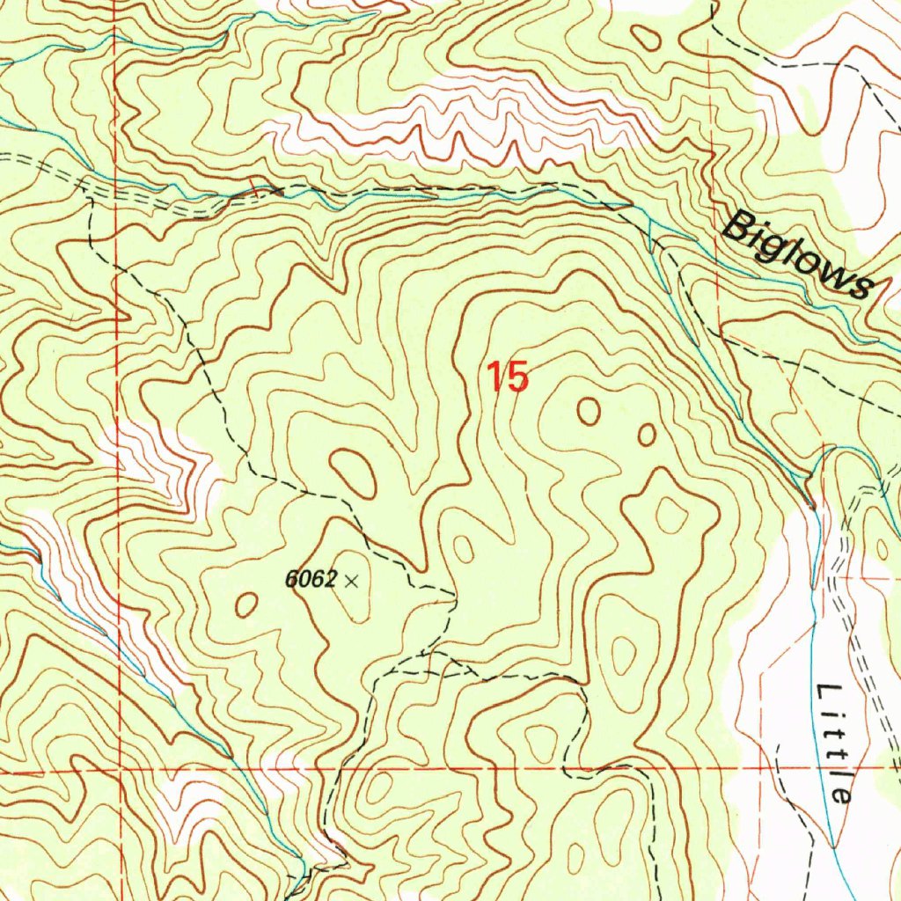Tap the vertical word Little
click(x=833, y=742)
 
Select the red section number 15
click(x=509, y=377)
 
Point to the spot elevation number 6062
click(x=311, y=580)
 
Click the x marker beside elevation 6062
click(x=352, y=580)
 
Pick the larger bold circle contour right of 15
click(x=588, y=410)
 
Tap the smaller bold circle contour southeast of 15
click(x=647, y=435)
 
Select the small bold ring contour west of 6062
click(x=246, y=604)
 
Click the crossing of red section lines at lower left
click(x=120, y=768)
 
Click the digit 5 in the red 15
click(x=517, y=377)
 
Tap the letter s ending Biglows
click(x=861, y=287)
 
